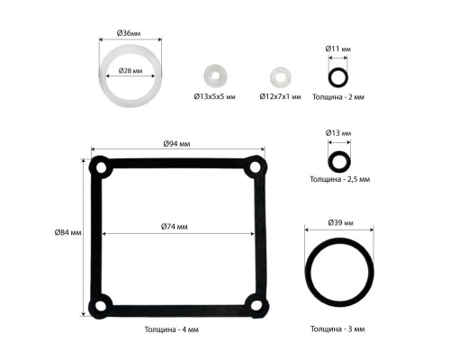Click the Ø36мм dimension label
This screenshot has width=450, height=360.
(129, 33)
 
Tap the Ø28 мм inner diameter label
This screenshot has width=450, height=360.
(130, 71)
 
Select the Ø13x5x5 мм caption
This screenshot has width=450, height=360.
(214, 96)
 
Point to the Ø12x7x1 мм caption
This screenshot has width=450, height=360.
(280, 96)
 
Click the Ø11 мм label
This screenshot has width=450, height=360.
(338, 49)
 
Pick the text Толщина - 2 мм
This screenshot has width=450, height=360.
(338, 97)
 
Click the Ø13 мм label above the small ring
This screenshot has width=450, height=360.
(338, 133)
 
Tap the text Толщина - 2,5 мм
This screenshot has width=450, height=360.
(340, 179)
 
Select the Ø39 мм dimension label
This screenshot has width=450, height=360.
(341, 222)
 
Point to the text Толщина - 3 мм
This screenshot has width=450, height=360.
(337, 329)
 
